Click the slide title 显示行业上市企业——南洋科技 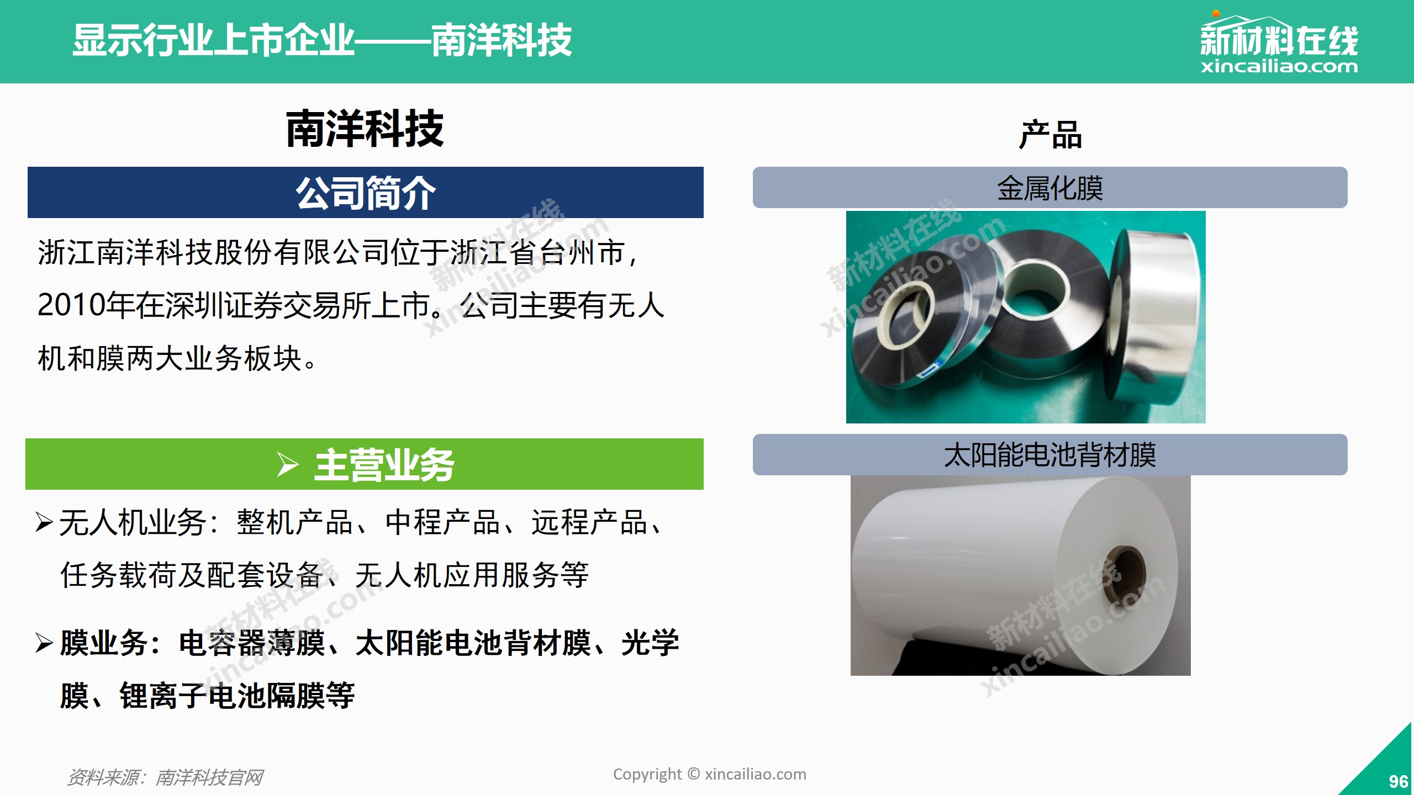click(x=323, y=40)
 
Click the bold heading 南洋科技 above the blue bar click(x=365, y=129)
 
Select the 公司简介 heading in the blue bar click(x=366, y=193)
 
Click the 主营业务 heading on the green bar click(x=384, y=465)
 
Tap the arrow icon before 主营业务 click(x=288, y=464)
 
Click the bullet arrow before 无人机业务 click(x=44, y=522)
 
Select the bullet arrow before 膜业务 click(x=44, y=643)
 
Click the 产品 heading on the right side click(x=1050, y=135)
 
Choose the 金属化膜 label click(x=1050, y=188)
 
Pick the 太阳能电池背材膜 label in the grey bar click(x=1050, y=455)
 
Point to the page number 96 click(x=1398, y=781)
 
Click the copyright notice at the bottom click(x=710, y=774)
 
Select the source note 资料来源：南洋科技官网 click(x=165, y=777)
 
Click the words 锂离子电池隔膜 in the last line click(x=208, y=695)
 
